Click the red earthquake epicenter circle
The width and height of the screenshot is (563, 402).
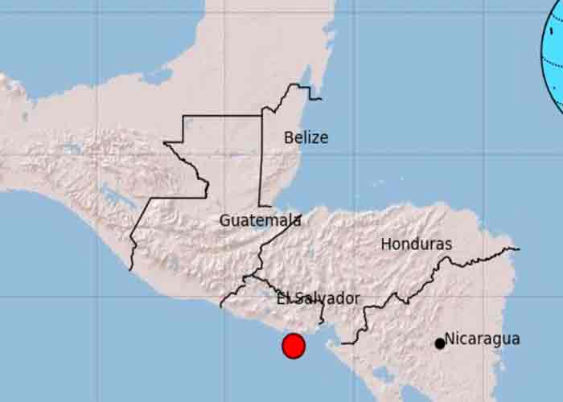coord(294,346)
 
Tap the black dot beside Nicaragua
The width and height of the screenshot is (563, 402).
coord(440,343)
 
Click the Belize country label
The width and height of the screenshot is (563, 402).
coord(306,137)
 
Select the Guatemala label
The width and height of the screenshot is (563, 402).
coord(260,219)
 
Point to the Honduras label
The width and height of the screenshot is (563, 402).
coord(417,244)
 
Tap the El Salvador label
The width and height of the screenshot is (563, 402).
coord(318,298)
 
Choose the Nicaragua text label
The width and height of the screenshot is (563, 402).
coord(483,338)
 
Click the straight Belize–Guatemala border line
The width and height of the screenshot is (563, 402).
coord(261,161)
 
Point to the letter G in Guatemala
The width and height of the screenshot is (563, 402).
coord(225,219)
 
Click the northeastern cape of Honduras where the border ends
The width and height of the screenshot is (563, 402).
coord(515,248)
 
